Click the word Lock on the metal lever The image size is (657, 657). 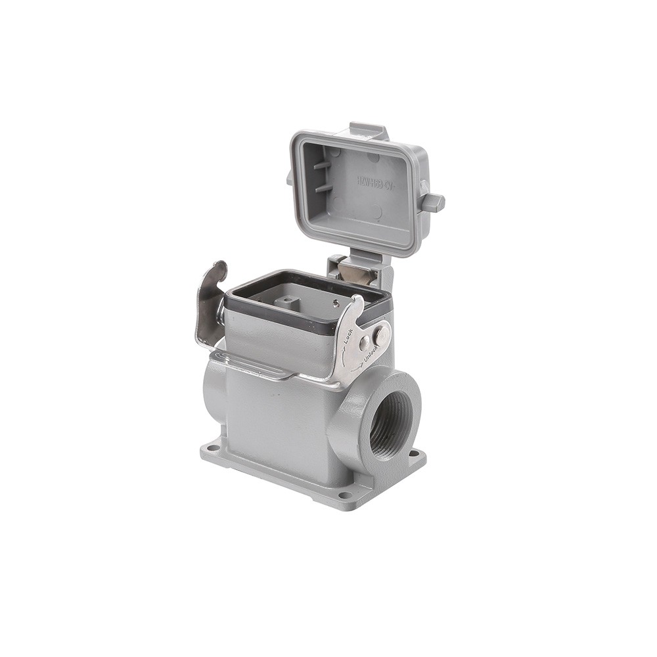point(348,335)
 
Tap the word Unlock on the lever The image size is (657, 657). point(369,355)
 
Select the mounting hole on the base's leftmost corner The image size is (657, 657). point(212,448)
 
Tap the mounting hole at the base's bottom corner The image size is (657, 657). point(343,494)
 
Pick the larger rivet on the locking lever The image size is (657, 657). point(380,335)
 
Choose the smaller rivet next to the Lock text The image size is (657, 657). point(364,343)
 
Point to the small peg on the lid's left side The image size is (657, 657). point(290,177)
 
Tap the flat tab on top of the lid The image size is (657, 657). point(369,130)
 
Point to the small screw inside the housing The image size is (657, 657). point(335,303)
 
